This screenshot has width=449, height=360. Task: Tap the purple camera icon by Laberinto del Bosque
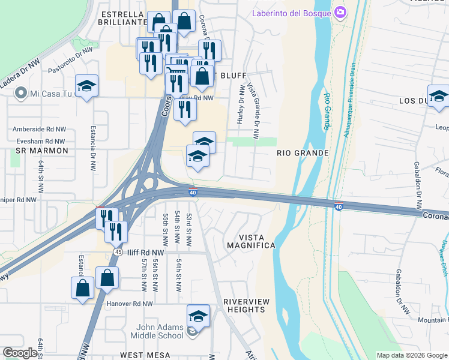click(x=340, y=12)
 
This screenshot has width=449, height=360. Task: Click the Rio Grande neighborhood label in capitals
click(x=303, y=153)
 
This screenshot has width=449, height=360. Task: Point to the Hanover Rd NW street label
click(x=130, y=304)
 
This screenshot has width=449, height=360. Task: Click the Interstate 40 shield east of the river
click(x=339, y=206)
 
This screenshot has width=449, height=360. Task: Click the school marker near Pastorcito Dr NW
click(x=86, y=86)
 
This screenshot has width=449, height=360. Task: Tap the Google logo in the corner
click(x=20, y=353)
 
